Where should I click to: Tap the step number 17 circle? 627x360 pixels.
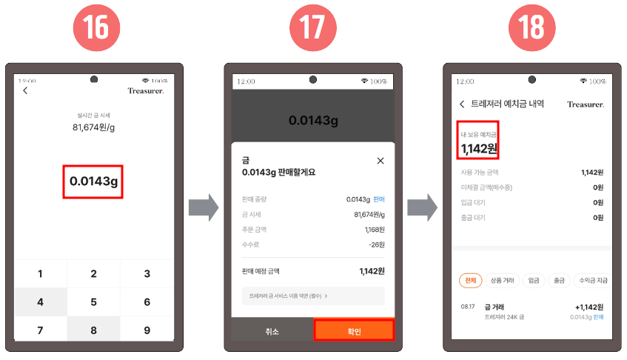[x=312, y=28]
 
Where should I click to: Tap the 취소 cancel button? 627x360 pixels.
[x=272, y=331]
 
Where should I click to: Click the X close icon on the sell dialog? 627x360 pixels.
[x=380, y=160]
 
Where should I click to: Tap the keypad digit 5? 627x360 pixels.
[x=93, y=301]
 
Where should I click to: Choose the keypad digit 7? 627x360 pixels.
[x=40, y=330]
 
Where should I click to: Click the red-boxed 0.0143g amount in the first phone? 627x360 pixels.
[x=94, y=181]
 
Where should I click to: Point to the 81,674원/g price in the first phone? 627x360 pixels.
[x=93, y=127]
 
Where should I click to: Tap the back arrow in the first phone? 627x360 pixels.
[x=25, y=90]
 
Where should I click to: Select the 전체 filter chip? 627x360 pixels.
[x=470, y=280]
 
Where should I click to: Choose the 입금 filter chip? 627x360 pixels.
[x=533, y=280]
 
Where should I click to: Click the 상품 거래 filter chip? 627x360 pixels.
[x=503, y=280]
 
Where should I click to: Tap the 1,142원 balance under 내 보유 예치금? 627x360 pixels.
[x=479, y=148]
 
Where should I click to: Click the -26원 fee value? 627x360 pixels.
[x=376, y=244]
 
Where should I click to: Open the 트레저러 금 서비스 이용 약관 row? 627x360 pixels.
[x=312, y=296]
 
